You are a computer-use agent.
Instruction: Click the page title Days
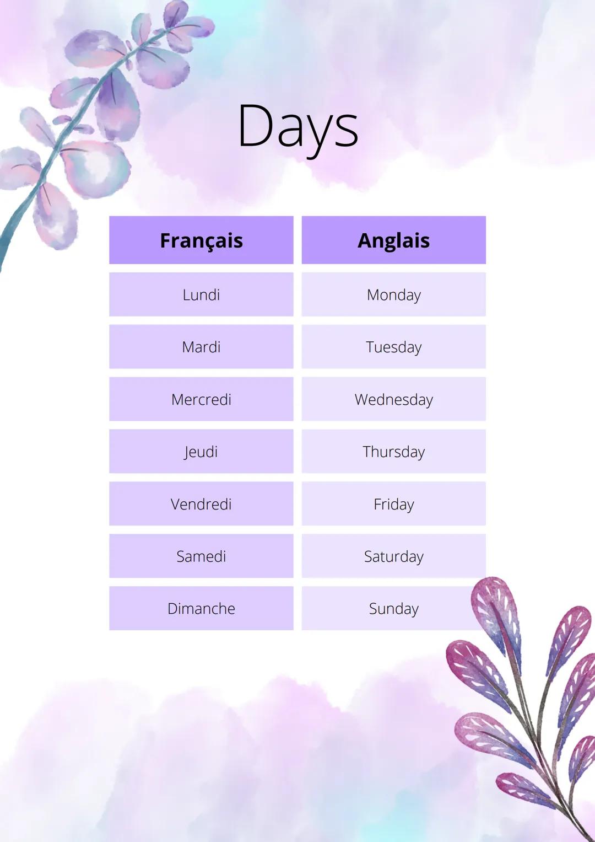(297, 127)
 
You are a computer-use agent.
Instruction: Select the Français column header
(201, 240)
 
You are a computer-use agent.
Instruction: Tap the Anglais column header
(393, 240)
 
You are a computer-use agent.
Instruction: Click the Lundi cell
(201, 294)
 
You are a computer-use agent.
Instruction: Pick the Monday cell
(393, 294)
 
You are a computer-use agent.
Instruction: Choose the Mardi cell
(201, 347)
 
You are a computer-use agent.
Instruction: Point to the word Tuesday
(393, 347)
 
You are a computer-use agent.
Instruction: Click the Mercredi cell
(201, 399)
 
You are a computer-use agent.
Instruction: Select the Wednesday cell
(393, 399)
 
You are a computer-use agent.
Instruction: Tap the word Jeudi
(201, 452)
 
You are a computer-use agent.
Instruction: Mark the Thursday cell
(393, 452)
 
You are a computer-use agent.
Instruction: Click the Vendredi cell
(201, 504)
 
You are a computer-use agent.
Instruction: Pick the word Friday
(393, 505)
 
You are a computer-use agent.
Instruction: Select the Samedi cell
(201, 556)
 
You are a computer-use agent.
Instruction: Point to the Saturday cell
(393, 556)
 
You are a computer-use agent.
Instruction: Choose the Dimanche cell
(201, 609)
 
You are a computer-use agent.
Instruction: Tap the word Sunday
(393, 609)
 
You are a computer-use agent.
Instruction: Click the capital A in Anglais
(366, 240)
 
